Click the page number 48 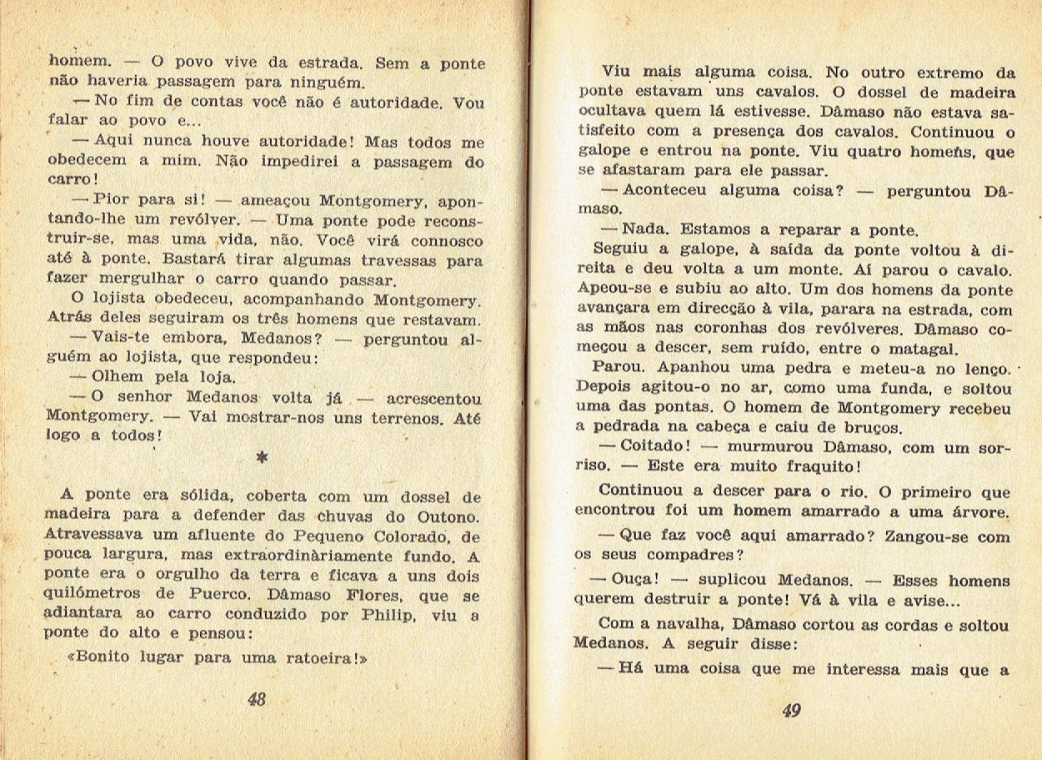257,700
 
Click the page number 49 792,711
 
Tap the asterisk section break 263,458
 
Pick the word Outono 449,517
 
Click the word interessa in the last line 868,670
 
